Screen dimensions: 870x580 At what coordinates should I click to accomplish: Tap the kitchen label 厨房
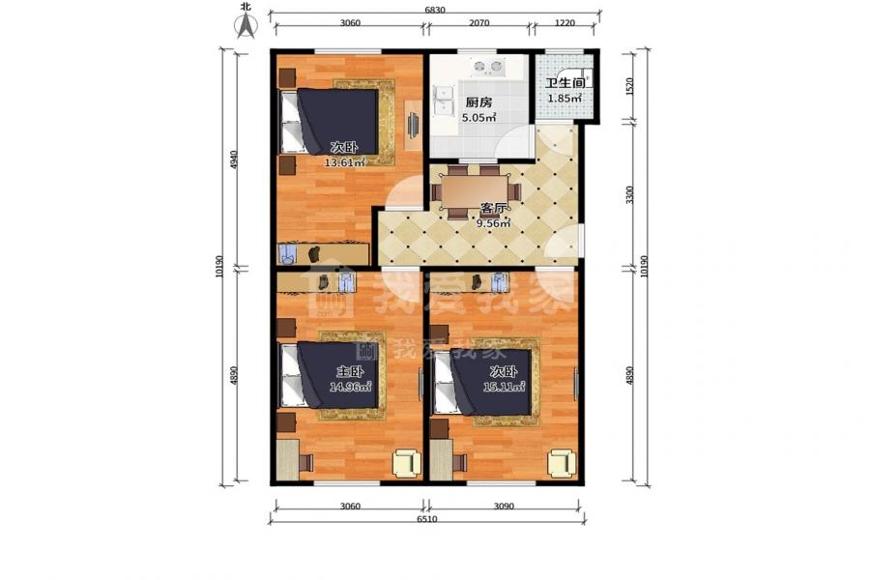[x=478, y=102]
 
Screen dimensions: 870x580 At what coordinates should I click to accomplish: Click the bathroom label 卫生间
[x=565, y=83]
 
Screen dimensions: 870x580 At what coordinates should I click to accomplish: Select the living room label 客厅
[x=493, y=209]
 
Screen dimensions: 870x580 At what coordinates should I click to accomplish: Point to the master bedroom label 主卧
[x=350, y=372]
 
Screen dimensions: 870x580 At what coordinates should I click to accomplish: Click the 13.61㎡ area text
[x=344, y=162]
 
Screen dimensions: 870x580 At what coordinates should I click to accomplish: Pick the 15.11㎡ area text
[x=504, y=387]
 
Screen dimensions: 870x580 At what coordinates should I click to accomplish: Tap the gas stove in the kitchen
[x=490, y=67]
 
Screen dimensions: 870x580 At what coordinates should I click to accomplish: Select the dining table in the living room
[x=477, y=192]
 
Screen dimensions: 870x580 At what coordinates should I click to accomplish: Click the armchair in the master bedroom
[x=407, y=463]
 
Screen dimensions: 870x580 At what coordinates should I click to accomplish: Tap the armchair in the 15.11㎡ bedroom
[x=562, y=463]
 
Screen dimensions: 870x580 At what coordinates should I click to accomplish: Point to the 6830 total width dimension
[x=434, y=10]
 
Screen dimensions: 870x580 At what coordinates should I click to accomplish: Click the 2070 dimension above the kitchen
[x=478, y=23]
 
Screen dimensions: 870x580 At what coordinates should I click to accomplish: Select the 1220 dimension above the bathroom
[x=565, y=23]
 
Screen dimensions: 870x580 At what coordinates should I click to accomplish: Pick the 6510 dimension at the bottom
[x=427, y=519]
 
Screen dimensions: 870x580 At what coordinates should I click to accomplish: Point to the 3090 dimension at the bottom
[x=504, y=507]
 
